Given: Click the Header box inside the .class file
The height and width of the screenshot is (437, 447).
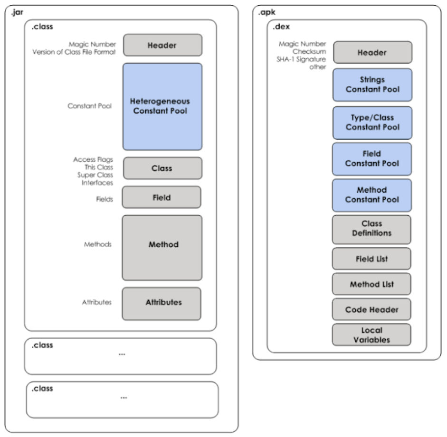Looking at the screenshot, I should coord(162,45).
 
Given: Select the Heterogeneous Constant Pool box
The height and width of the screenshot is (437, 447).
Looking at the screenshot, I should coord(162,106).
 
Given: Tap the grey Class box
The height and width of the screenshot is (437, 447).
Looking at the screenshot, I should coord(162,168).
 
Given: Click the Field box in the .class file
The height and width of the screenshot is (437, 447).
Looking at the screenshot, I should coord(162,197).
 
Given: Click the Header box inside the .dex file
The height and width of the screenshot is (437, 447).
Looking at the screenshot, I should coord(372,52).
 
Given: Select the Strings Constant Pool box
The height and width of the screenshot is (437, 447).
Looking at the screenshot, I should coord(372,85).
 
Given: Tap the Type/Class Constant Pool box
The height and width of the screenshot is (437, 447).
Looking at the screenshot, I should coord(372,122).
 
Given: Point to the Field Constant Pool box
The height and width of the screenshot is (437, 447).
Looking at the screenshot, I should coord(372,159).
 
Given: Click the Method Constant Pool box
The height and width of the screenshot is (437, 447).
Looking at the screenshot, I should coord(372,195).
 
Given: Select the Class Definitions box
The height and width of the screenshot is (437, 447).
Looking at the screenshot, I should coord(372,229).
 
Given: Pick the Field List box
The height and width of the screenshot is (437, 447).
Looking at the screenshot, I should coord(372,259).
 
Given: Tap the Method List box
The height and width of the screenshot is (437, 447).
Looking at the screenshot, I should coord(372,284).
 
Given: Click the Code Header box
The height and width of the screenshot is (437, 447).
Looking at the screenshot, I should coord(372,309).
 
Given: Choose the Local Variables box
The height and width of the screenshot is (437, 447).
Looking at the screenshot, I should coord(372,335).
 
